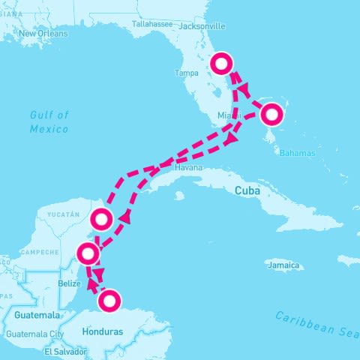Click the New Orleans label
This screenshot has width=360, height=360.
[43, 34]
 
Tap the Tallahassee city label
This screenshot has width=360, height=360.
[152, 24]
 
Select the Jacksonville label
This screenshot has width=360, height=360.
[200, 24]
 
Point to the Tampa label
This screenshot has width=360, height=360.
[186, 73]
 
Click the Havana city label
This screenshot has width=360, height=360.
[188, 168]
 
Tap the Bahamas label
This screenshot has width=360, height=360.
[298, 153]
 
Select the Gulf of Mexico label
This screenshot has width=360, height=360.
[49, 121]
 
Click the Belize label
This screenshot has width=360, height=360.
[68, 284]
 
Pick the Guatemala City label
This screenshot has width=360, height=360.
[35, 334]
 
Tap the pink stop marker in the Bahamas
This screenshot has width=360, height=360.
[271, 115]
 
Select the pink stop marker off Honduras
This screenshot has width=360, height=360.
[109, 301]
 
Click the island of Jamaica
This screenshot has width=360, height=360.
[285, 257]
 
